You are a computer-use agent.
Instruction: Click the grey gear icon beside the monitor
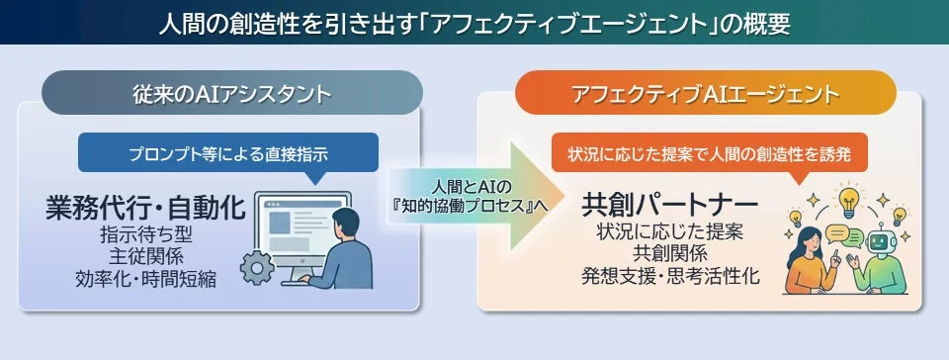260,268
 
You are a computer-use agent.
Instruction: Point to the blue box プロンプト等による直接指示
227,153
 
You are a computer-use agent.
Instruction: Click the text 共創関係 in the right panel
671,254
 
